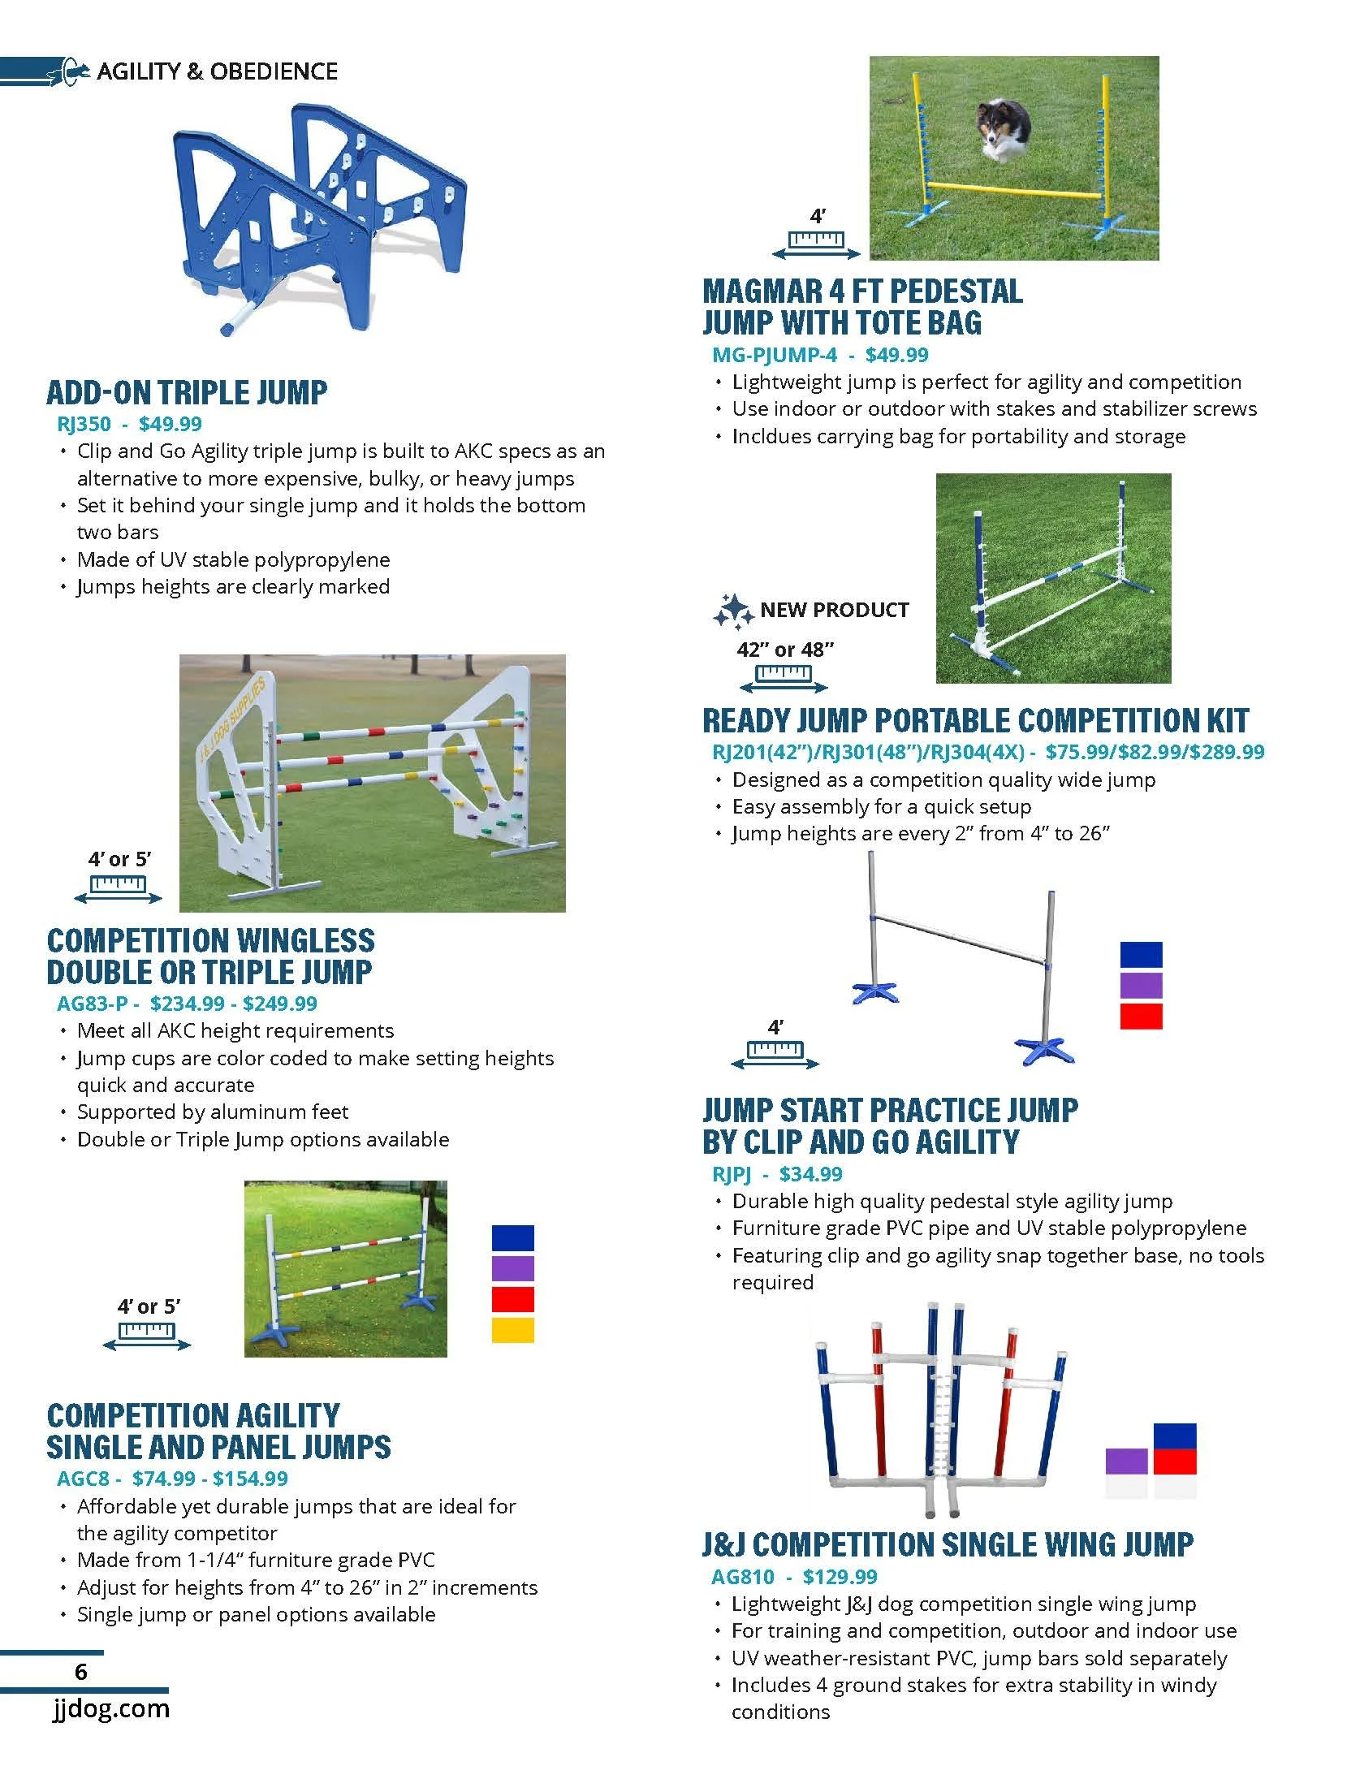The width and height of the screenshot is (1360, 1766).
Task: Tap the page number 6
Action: [x=80, y=1671]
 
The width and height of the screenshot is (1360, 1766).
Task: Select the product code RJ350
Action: [x=84, y=424]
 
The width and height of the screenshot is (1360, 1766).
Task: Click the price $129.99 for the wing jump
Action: [x=840, y=1576]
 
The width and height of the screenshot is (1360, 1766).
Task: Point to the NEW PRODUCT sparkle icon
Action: [x=732, y=611]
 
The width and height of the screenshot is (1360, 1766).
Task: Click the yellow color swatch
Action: [x=512, y=1330]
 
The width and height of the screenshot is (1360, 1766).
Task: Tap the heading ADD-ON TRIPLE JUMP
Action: [x=187, y=393]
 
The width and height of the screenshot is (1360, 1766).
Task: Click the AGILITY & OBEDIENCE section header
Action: [x=217, y=71]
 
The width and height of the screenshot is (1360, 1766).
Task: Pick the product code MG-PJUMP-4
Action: [x=774, y=355]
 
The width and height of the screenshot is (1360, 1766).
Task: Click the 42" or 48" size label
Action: [x=784, y=650]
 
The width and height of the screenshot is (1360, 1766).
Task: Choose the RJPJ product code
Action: [x=731, y=1173]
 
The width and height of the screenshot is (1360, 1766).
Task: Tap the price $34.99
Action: [x=810, y=1173]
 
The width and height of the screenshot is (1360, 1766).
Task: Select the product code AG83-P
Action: [x=92, y=1004]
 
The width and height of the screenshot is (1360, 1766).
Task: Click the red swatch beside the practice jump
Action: [x=1141, y=1016]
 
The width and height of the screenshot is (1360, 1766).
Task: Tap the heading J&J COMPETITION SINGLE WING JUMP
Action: [x=948, y=1544]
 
